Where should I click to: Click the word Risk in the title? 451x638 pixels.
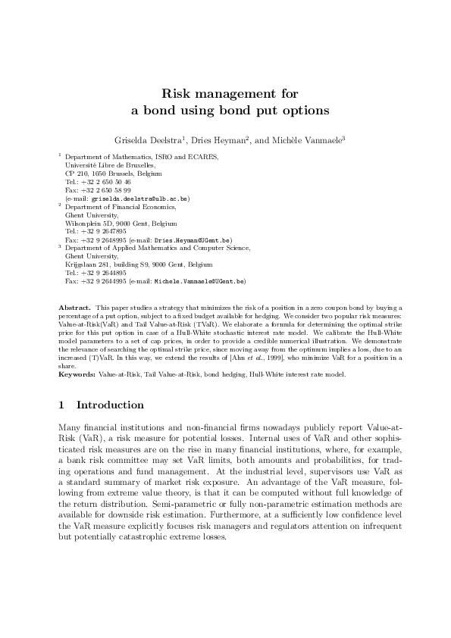tap(177, 95)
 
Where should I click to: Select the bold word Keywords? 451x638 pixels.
tap(76, 374)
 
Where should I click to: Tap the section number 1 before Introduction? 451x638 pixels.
tap(62, 405)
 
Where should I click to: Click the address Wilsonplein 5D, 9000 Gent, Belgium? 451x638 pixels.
tap(121, 224)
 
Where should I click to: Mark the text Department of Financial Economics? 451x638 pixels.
tap(121, 206)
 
